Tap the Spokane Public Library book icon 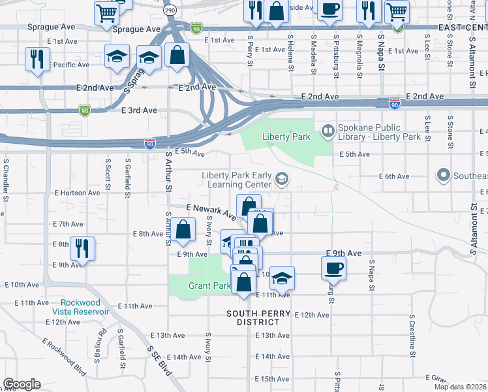[x=327, y=133]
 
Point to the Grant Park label [x=209, y=286]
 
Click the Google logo [x=22, y=384]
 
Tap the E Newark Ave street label [x=210, y=210]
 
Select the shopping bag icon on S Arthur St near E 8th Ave [x=184, y=229]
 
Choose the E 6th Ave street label [x=394, y=176]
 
